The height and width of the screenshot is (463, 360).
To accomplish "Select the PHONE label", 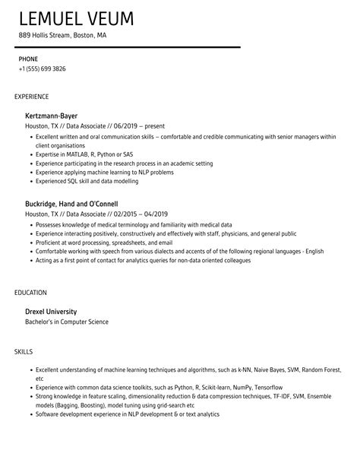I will pos(29,59).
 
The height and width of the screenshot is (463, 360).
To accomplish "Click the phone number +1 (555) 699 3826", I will pos(43,68).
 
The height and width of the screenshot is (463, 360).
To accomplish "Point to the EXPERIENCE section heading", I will pos(32,97).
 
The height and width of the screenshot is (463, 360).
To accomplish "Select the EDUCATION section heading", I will pos(30,291).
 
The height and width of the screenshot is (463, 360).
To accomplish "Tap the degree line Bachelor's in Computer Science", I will pos(67,322).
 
